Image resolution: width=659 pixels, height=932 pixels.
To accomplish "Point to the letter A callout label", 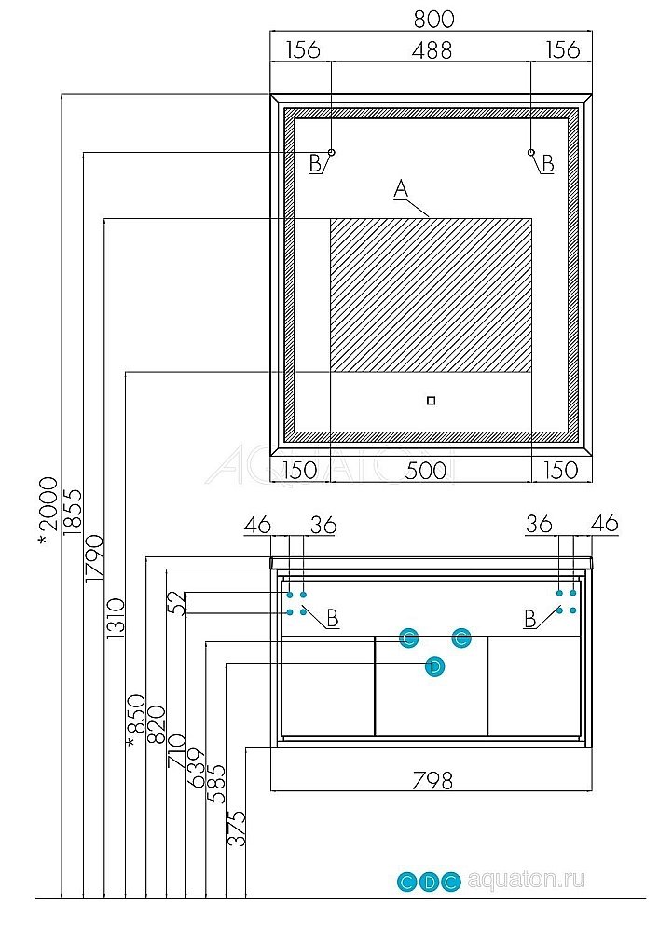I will click(401, 189).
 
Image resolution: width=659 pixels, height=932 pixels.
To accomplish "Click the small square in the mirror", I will click(430, 401).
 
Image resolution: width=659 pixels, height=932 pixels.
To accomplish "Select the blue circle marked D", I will click(433, 665).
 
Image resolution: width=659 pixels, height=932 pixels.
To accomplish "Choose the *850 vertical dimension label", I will click(136, 720).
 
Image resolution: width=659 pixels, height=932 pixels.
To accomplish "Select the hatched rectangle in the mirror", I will click(431, 294).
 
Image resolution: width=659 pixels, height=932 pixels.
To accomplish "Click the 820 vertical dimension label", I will click(156, 726).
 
